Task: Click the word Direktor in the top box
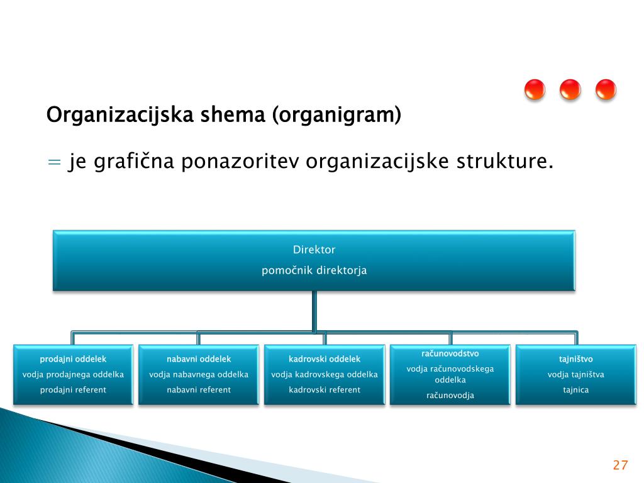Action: point(314,250)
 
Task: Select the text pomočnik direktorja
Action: point(314,270)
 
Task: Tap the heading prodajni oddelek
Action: point(73,359)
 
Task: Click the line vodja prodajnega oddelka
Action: point(73,374)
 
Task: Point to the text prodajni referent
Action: point(73,390)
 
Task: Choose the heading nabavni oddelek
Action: point(199,359)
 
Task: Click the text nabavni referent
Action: point(199,390)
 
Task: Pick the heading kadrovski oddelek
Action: point(325,359)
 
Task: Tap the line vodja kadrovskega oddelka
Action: point(325,374)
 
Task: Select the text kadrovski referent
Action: point(325,390)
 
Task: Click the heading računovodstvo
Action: point(450,353)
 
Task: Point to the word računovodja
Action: point(450,396)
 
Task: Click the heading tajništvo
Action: point(576,359)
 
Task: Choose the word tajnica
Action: point(576,390)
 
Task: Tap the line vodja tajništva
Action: point(576,374)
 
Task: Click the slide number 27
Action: point(620,465)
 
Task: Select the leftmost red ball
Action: point(535,90)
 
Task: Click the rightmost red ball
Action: point(606,90)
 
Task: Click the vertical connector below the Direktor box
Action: point(314,310)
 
